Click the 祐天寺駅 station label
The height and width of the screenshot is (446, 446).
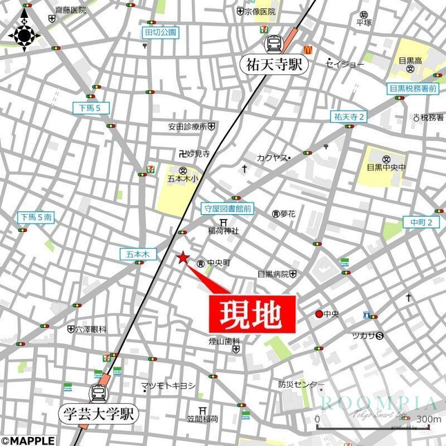(x=275, y=65)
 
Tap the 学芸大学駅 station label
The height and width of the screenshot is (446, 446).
(x=98, y=414)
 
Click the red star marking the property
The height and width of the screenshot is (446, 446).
(x=182, y=257)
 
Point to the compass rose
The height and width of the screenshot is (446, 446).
(x=24, y=35)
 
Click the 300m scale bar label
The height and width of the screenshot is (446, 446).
(x=428, y=419)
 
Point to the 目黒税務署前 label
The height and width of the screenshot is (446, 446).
(x=413, y=88)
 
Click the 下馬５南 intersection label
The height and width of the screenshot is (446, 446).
(x=36, y=217)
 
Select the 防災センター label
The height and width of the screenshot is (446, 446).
(x=301, y=385)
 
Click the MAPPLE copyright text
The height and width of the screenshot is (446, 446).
(x=27, y=440)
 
